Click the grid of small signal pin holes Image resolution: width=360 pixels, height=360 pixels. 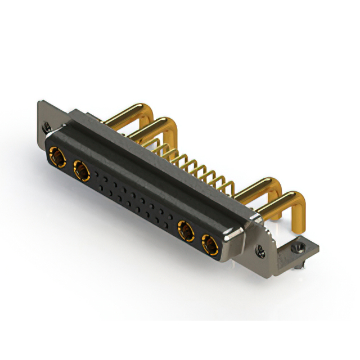point(132,200)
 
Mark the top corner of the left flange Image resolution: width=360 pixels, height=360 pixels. point(39,102)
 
